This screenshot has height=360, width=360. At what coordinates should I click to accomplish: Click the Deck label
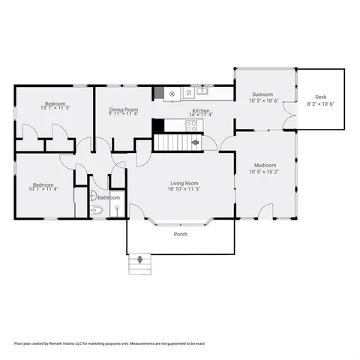pyautogui.click(x=320, y=97)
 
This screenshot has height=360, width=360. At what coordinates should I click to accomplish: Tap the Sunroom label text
pyautogui.click(x=262, y=94)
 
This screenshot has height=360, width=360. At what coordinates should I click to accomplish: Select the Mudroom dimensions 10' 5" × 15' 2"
pyautogui.click(x=264, y=171)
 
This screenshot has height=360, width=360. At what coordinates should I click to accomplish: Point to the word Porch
pyautogui.click(x=180, y=234)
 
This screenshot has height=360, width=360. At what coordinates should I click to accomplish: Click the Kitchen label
pyautogui.click(x=201, y=110)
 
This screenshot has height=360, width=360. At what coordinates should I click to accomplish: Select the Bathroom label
pyautogui.click(x=108, y=198)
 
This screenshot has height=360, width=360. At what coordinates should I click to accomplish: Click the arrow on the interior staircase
pyautogui.click(x=194, y=142)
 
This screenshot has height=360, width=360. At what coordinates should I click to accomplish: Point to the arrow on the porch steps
pyautogui.click(x=139, y=261)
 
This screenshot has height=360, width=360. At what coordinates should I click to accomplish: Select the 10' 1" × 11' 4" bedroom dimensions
pyautogui.click(x=43, y=189)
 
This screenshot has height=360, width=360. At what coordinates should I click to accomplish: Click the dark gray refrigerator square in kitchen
pyautogui.click(x=158, y=94)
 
